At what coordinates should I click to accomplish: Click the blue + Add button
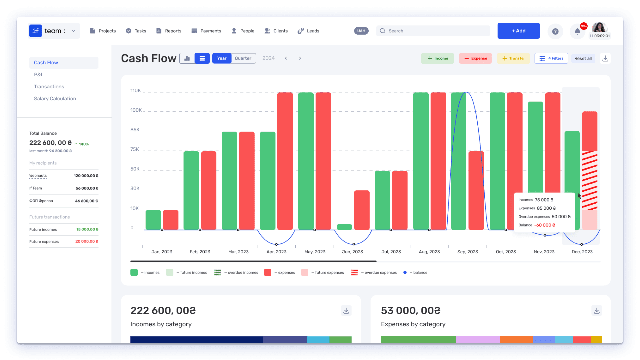tap(518, 31)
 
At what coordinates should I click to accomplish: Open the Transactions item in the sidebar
tap(49, 87)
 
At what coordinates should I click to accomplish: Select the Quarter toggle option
tap(243, 58)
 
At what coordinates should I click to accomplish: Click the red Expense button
tap(475, 58)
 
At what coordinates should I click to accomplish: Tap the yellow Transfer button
tap(513, 58)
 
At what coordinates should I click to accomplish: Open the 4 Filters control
tap(551, 58)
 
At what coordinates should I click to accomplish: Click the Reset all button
tap(583, 58)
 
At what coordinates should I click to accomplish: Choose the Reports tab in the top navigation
tap(169, 31)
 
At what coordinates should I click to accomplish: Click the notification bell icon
tap(577, 32)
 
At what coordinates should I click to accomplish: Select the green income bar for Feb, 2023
tap(191, 190)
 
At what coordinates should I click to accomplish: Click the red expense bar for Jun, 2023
tap(362, 210)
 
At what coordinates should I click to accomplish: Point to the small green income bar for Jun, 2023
tap(344, 227)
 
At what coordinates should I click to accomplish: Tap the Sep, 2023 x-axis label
tap(468, 252)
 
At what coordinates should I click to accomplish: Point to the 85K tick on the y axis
tap(135, 130)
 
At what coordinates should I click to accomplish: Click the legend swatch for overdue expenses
tap(354, 272)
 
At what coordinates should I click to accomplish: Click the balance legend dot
tap(405, 272)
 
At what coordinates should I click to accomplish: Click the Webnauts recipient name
tap(38, 176)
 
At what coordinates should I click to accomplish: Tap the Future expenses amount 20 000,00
tap(87, 241)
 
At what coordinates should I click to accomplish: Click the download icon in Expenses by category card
tap(597, 311)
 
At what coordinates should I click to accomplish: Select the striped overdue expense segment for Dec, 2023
tap(590, 181)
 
